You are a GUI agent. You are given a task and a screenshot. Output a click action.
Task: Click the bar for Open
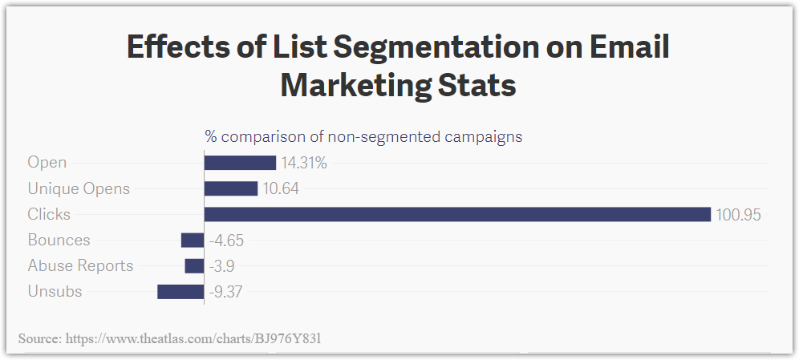[240, 163]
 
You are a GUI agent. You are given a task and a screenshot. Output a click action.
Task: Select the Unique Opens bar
[231, 188]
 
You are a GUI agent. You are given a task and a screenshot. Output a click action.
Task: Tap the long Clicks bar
[457, 214]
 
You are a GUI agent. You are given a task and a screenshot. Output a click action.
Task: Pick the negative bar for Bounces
[193, 240]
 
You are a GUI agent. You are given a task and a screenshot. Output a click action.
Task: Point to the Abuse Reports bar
[194, 265]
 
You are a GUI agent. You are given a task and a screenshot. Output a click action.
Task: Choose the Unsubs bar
[180, 291]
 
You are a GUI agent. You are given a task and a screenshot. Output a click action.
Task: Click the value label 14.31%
[304, 163]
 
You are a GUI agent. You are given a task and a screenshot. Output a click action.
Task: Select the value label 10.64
[282, 188]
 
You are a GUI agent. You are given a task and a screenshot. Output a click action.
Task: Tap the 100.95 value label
[738, 214]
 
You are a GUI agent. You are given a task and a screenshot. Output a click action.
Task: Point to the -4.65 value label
[225, 240]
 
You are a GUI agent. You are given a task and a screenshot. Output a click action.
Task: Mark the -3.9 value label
[221, 265]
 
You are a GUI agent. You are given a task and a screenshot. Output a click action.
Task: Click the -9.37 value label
[225, 291]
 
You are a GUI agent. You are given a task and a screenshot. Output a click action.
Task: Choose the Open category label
[47, 163]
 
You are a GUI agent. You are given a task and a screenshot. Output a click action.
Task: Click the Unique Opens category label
[79, 188]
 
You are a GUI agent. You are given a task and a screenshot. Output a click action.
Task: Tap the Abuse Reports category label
[80, 265]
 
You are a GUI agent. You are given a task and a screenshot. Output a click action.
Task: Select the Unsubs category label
[55, 291]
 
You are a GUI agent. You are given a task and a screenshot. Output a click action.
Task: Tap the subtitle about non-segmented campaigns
[363, 136]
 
